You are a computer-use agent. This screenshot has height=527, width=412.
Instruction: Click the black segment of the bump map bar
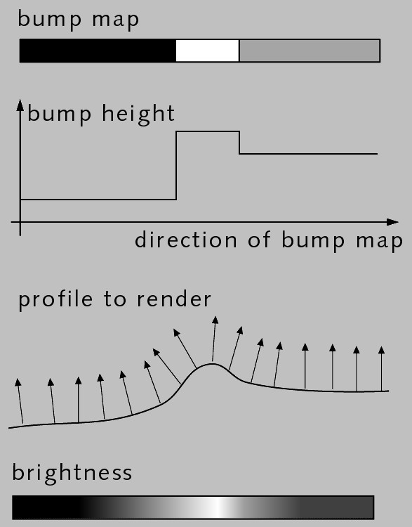[x=98, y=51]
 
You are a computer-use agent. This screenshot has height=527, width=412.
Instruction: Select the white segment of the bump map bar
[x=208, y=51]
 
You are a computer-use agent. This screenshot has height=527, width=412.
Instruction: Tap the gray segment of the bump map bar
[x=310, y=51]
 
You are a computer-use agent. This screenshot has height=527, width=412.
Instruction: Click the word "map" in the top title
[x=116, y=20]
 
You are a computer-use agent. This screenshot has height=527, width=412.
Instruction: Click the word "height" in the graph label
[x=138, y=115]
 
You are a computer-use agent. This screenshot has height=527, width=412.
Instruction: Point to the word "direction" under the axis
[x=186, y=240]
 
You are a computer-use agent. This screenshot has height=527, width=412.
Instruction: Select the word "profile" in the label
[x=55, y=300]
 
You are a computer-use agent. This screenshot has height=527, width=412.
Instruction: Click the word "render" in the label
[x=174, y=300]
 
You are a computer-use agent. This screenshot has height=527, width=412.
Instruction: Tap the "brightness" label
[x=72, y=473]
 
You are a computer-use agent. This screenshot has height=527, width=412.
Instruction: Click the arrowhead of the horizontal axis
[x=392, y=222]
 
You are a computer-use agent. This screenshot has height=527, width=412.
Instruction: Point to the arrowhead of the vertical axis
[x=20, y=105]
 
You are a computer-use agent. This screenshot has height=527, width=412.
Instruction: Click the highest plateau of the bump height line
[x=208, y=131]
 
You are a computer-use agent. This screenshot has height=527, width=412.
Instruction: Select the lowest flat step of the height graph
[x=98, y=200]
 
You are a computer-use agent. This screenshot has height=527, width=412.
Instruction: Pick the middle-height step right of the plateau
[x=308, y=154]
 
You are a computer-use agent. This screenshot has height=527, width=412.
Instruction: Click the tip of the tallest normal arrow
[x=215, y=316]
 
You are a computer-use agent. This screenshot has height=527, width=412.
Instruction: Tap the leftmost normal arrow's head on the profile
[x=18, y=382]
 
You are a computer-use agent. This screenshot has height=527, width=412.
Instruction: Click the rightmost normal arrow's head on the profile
[x=381, y=350]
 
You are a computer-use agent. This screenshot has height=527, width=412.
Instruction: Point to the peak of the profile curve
[x=212, y=364]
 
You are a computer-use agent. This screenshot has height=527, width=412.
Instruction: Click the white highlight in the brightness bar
[x=219, y=507]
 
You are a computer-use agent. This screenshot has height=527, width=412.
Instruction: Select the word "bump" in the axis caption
[x=313, y=240]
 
